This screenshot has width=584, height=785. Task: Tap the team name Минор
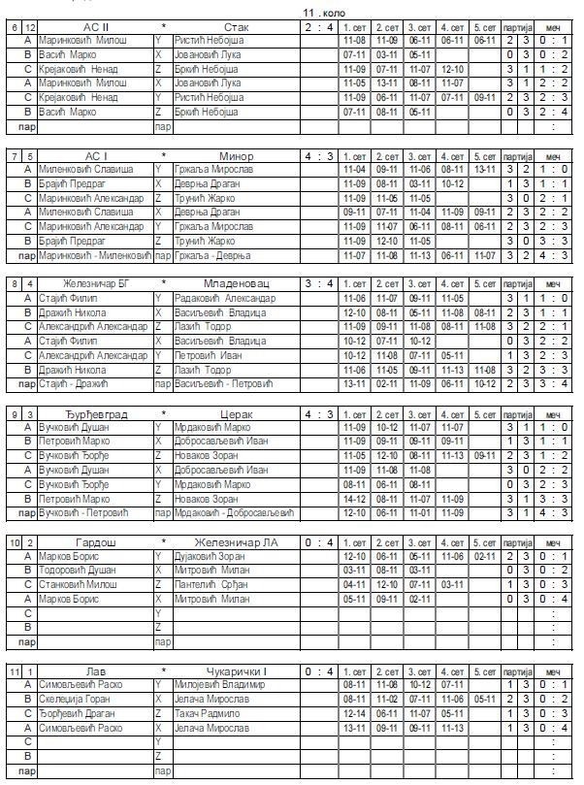[x=236, y=155]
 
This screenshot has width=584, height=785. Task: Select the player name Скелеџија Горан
[x=74, y=699]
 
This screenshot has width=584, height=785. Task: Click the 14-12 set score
[x=355, y=500]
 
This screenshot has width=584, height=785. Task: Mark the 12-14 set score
[x=355, y=713]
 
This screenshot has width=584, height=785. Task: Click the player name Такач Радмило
[x=207, y=713]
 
